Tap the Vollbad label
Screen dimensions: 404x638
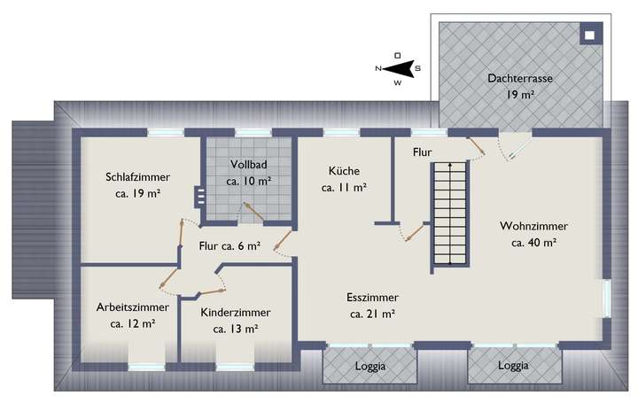(x=248, y=165)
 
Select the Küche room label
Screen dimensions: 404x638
(x=344, y=170)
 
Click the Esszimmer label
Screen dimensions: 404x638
(x=372, y=298)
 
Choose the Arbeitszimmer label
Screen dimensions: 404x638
(x=133, y=307)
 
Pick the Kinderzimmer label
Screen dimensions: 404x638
(x=236, y=312)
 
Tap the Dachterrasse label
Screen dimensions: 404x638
(x=520, y=78)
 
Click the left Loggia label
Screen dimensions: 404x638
(x=368, y=365)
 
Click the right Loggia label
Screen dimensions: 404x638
(x=513, y=365)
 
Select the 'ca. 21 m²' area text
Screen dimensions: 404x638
(x=372, y=314)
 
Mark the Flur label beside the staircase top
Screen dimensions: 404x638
(x=422, y=152)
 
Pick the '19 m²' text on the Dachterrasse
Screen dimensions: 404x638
(x=520, y=94)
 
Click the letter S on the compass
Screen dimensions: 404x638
(x=418, y=68)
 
